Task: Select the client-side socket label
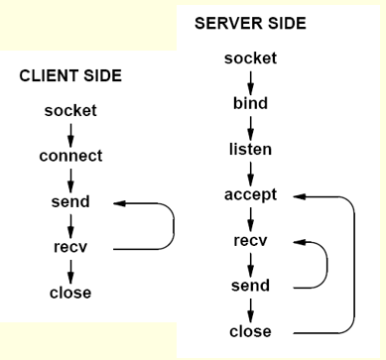coord(69,111)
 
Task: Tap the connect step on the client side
coord(69,157)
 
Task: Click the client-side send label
coord(69,202)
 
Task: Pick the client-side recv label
coord(69,247)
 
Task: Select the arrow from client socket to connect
coord(69,134)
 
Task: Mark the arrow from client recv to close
coord(69,270)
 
